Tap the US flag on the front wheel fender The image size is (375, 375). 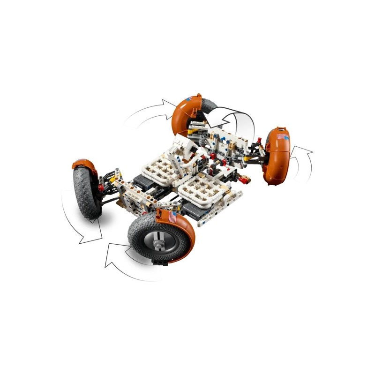(x=172, y=217)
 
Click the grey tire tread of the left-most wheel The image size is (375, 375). (x=84, y=192)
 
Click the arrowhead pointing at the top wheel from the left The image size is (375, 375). (x=168, y=103)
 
